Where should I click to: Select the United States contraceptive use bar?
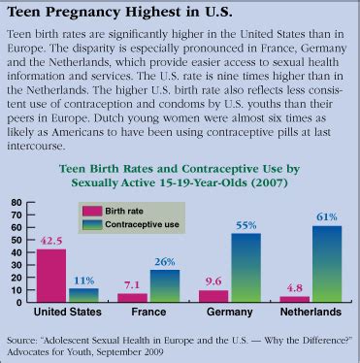pyautogui.click(x=83, y=295)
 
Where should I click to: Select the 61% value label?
pyautogui.click(x=326, y=217)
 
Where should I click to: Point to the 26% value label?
pyautogui.click(x=165, y=262)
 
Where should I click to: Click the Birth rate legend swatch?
pyautogui.click(x=92, y=208)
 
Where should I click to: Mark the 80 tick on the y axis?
pyautogui.click(x=16, y=204)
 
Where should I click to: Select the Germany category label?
pyautogui.click(x=233, y=313)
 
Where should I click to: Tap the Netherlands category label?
pyautogui.click(x=312, y=313)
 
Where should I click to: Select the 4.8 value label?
pyautogui.click(x=297, y=287)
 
